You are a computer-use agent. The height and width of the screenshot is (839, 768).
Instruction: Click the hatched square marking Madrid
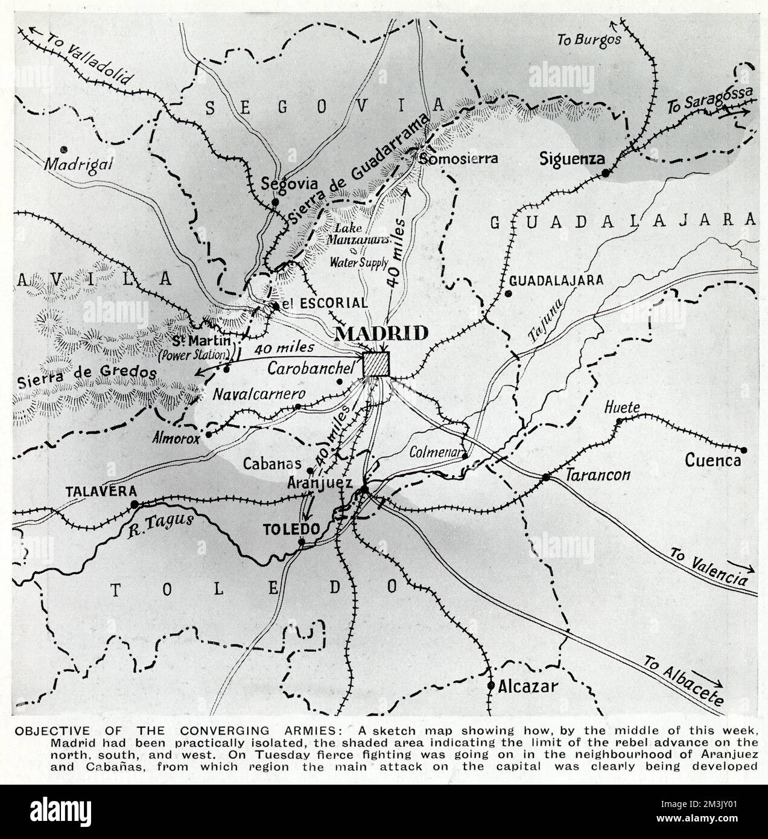point(377,364)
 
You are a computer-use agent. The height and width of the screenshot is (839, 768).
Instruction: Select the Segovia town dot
point(275,202)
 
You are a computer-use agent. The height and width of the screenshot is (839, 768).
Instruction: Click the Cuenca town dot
point(743,450)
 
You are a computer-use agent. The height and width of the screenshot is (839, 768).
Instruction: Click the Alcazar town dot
point(491,686)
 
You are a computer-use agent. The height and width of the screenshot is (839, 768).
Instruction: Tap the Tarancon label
point(598,475)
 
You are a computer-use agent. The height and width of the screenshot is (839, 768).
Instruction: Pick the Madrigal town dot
point(63,148)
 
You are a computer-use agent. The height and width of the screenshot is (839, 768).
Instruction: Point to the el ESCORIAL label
point(324,303)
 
